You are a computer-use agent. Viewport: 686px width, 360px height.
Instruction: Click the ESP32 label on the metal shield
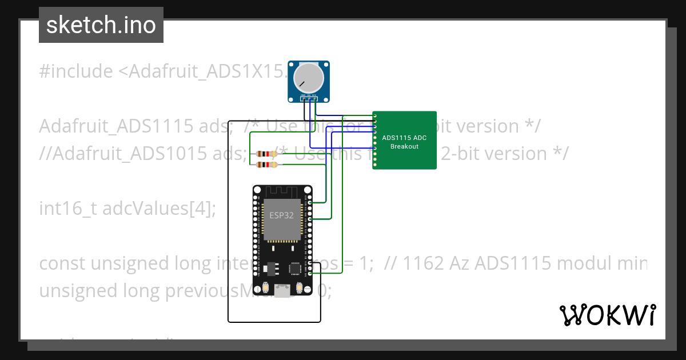pos(281,215)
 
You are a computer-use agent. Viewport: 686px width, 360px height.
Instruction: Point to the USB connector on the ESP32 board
pos(282,291)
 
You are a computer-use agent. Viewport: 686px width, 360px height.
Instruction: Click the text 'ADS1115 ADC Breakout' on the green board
pos(404,142)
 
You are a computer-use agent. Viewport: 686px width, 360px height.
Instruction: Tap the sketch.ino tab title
pos(101,25)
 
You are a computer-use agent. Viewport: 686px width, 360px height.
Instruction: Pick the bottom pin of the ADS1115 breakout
pos(375,166)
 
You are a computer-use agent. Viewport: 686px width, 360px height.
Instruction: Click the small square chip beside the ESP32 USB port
pos(296,268)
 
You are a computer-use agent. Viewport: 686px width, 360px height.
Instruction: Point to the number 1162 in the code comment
pos(422,263)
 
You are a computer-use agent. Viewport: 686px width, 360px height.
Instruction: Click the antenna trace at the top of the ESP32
pos(281,191)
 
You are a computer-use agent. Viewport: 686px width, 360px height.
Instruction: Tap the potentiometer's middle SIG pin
pos(309,99)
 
